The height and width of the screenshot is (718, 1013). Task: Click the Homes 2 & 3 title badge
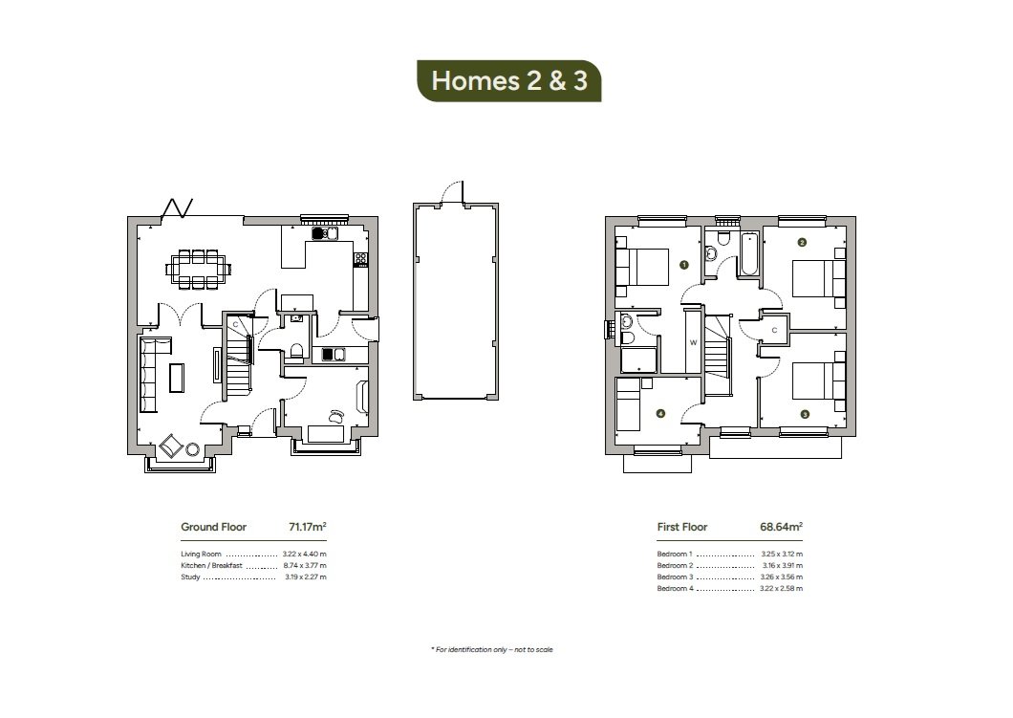point(508,80)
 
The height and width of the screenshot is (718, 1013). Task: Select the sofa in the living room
point(150,374)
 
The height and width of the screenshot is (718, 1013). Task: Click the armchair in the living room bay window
point(173,446)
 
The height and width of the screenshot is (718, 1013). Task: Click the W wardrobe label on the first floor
point(693,342)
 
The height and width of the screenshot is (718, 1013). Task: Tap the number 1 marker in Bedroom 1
point(684,264)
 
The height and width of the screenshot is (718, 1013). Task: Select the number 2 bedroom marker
point(803,242)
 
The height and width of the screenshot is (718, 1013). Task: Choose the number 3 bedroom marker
point(805,414)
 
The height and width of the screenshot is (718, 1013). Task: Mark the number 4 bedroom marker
point(659,414)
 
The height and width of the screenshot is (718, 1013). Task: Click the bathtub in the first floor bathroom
point(748,254)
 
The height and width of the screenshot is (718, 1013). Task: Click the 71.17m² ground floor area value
point(308,527)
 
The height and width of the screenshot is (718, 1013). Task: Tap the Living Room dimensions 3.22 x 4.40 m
point(304,555)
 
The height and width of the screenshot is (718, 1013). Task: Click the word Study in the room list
point(190,577)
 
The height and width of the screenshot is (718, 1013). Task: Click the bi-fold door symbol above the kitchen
point(180,207)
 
